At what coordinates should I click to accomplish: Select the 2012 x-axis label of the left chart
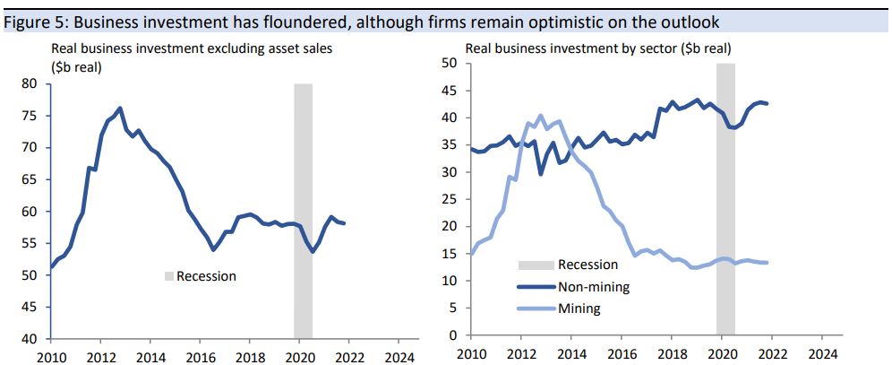click(x=100, y=356)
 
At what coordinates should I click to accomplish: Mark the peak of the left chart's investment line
click(x=120, y=109)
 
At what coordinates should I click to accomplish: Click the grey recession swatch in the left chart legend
click(x=167, y=276)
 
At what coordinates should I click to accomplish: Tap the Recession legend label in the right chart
click(x=588, y=265)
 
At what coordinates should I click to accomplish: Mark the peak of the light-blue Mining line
click(x=541, y=116)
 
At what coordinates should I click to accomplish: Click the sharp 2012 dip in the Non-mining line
click(x=540, y=173)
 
